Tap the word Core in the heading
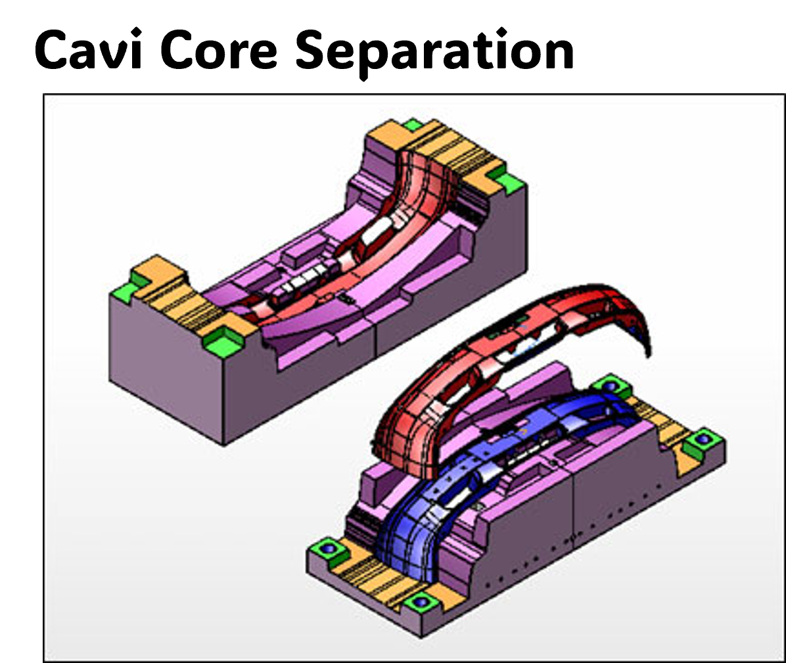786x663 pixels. [x=219, y=51]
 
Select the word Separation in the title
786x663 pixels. [x=434, y=52]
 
